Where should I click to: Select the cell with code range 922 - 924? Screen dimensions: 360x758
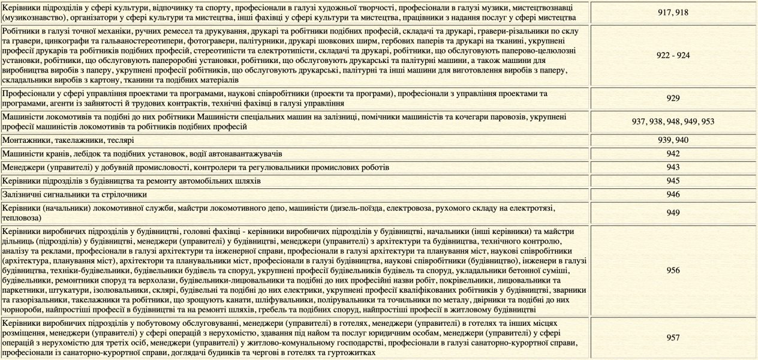pos(673,55)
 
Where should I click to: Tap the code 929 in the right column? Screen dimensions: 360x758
pos(673,98)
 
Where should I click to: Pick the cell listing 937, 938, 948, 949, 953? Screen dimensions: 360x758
pos(673,121)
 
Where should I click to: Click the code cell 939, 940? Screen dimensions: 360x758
pos(673,140)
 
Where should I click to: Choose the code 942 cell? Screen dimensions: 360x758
pos(673,154)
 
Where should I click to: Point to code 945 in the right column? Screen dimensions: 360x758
pos(673,181)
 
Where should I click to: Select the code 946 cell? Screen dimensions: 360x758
pos(673,194)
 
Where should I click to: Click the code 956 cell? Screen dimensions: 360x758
pos(673,270)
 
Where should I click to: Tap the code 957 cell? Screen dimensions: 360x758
pos(673,338)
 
